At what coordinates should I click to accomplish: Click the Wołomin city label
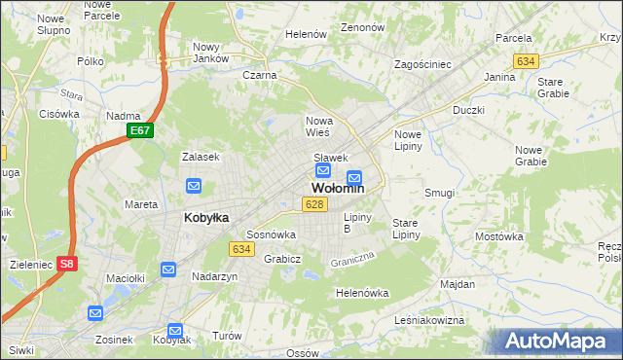(338, 189)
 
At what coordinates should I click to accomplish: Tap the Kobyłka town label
(206, 218)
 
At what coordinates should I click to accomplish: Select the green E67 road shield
(139, 130)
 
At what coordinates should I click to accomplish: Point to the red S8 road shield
(66, 263)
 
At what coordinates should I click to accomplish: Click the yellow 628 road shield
(312, 204)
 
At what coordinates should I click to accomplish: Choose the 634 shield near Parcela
(527, 61)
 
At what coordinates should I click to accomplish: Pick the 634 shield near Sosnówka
(242, 249)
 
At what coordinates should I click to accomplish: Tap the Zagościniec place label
(422, 64)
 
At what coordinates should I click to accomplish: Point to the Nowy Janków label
(209, 53)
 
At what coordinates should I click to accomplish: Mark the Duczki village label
(468, 110)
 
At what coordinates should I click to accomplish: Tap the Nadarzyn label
(215, 276)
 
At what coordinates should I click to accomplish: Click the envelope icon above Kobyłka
(194, 186)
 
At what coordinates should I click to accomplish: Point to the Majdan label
(457, 284)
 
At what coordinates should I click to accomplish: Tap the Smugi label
(439, 193)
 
